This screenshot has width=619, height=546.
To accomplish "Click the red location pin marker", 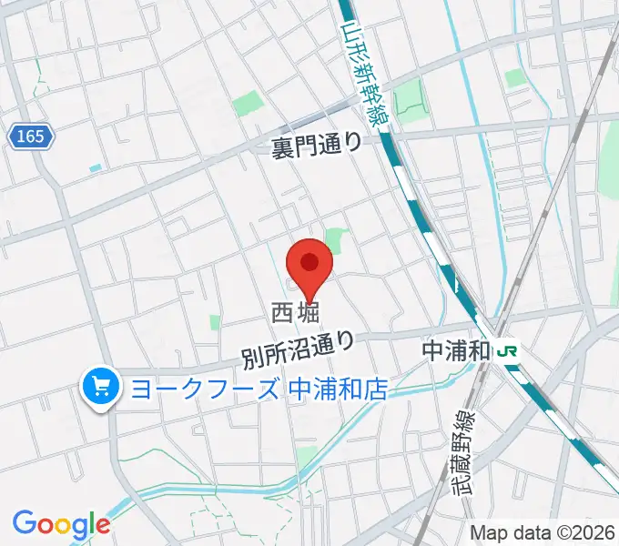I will [310, 269].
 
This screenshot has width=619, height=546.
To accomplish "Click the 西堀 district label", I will [295, 314].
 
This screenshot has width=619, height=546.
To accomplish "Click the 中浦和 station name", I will [457, 349].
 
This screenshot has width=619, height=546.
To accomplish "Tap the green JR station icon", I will [508, 350].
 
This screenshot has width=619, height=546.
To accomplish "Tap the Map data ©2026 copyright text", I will [542, 532].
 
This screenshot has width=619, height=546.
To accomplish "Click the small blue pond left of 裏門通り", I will [96, 168].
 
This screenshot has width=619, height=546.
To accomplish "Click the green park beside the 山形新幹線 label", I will [411, 96].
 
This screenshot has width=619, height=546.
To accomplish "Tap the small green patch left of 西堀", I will [215, 322].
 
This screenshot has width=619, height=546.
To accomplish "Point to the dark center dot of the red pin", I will [310, 262].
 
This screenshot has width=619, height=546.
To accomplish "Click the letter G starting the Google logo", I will [24, 523].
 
